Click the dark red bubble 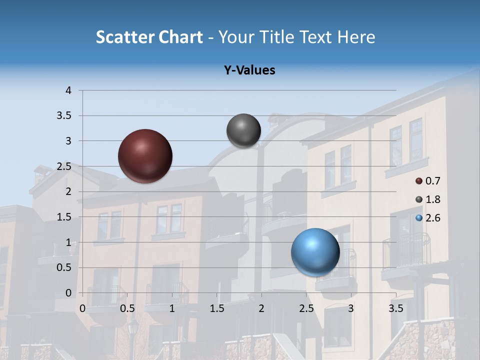pos(145,156)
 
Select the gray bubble pos(243,130)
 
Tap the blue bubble pos(315,252)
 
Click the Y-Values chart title pos(249,70)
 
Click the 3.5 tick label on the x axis pos(395,308)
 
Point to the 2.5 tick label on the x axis pos(306,308)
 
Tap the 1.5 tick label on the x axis pos(216,308)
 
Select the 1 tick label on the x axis pos(172,308)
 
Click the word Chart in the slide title pos(180,37)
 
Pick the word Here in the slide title pos(356,37)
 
